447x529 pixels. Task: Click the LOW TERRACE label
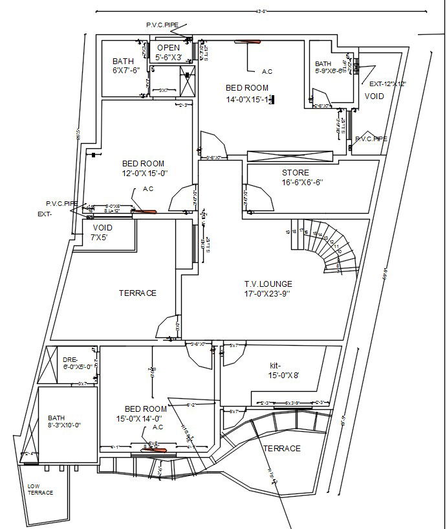click(40, 489)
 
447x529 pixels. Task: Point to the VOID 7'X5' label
click(102, 232)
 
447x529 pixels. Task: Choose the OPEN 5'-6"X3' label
click(168, 52)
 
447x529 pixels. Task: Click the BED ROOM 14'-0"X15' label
click(248, 93)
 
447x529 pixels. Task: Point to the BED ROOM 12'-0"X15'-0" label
click(143, 168)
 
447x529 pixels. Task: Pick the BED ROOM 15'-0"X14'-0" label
click(146, 413)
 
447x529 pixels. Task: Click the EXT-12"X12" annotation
click(387, 84)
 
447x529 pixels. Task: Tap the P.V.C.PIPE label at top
click(162, 25)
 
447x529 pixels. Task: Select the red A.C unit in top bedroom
click(248, 43)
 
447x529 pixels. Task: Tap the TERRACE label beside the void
click(137, 293)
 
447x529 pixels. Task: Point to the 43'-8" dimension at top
click(261, 10)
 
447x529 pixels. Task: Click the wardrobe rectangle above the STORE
click(290, 156)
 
